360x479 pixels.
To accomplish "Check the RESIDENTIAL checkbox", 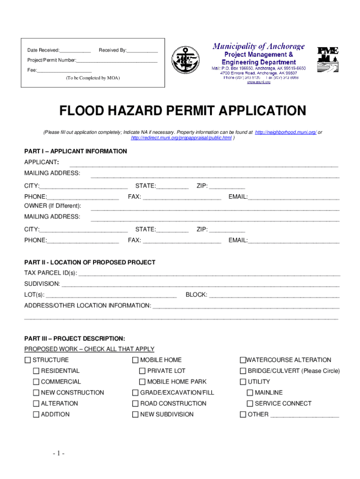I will coord(36,371).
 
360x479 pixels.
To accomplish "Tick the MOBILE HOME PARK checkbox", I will coord(142,382).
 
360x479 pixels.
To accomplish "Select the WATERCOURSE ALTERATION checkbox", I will coord(243,360).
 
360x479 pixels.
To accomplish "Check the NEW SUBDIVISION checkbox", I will coord(135,414).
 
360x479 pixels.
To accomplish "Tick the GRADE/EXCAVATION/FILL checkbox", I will coord(135,393).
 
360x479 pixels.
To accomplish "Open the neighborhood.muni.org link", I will coord(286,132).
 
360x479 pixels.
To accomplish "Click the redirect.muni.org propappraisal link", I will coord(181,138).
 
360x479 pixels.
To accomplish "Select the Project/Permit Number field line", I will coord(117,61).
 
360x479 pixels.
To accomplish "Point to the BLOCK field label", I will coord(196,295).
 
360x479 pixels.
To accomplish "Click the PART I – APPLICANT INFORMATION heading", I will coord(75,152).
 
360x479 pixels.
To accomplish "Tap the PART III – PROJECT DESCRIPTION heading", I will coord(74,338).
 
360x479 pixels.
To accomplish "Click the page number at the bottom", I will coord(58,453).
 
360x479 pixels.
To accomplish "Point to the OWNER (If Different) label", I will coord(52,206).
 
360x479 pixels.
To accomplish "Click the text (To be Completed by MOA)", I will coord(93,78).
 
